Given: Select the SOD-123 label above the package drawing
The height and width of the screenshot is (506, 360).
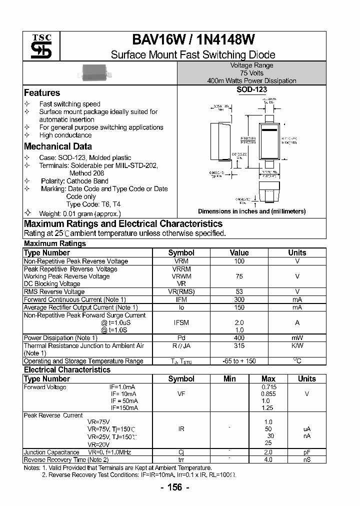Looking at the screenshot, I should point(251,90).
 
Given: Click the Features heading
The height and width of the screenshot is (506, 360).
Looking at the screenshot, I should point(42,93).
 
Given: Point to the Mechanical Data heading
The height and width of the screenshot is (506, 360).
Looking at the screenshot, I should point(58,146).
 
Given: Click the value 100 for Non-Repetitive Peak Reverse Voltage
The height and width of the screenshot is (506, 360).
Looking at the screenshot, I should point(239,261).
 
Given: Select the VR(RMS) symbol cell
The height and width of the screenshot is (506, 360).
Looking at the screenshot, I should point(181,291).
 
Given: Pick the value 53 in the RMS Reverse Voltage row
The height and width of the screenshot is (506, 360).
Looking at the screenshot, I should point(239,291).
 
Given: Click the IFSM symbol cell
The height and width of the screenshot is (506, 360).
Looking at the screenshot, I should point(181,323).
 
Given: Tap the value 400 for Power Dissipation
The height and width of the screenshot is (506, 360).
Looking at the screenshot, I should point(239,338).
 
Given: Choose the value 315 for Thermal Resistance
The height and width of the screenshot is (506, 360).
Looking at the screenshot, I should point(239,345).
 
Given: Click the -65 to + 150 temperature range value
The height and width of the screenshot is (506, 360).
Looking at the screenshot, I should point(239,361).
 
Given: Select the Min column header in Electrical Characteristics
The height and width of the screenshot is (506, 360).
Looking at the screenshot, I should point(229,378).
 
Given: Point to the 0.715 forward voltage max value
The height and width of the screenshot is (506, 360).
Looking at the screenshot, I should point(268,387).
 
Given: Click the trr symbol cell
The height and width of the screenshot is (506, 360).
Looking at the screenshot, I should point(181,459).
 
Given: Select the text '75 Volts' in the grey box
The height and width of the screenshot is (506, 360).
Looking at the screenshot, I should point(251,73).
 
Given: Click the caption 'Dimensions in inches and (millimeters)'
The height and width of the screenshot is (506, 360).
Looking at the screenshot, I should point(251,211).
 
